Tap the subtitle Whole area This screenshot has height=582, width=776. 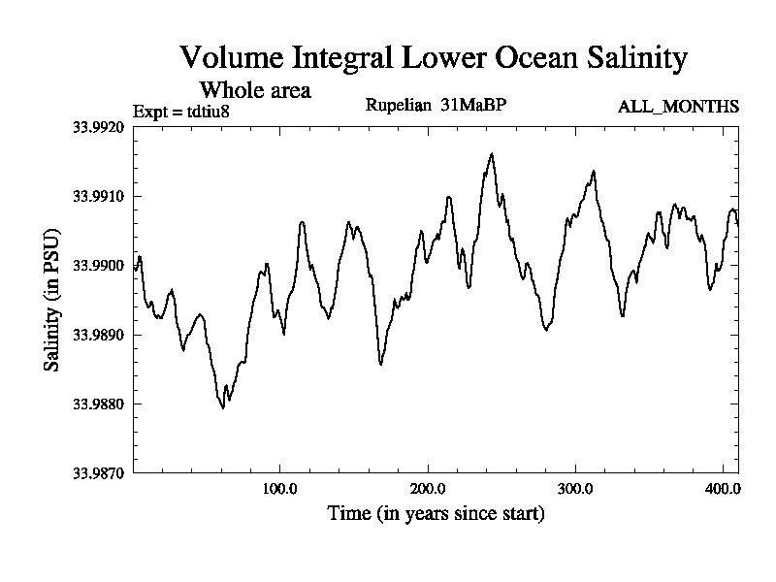(x=255, y=90)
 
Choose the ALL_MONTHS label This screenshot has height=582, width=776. (x=678, y=106)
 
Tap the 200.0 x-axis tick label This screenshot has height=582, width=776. (x=428, y=488)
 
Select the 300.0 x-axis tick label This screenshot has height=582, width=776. (x=576, y=488)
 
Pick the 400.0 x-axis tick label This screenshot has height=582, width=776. (x=724, y=488)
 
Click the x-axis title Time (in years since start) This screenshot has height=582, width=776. (x=436, y=512)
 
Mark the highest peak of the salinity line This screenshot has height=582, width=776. (x=492, y=153)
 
